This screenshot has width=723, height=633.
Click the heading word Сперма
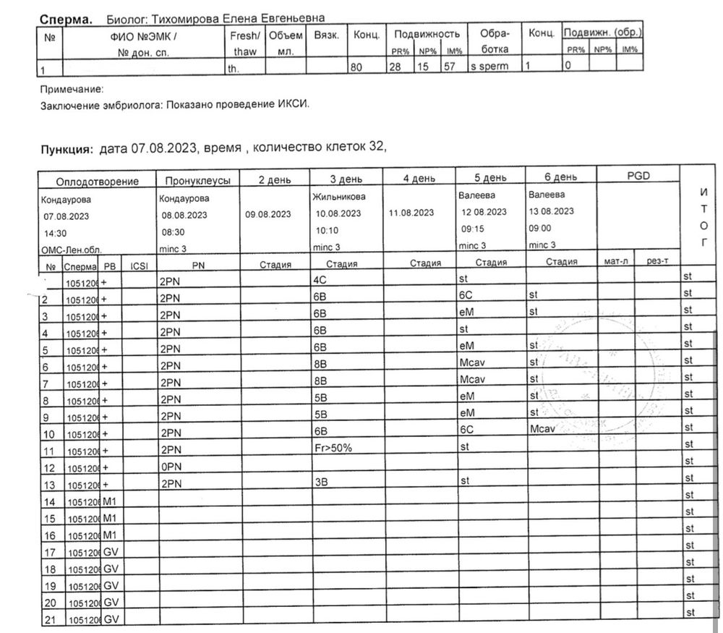(65, 19)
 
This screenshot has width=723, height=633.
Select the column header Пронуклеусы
(198, 181)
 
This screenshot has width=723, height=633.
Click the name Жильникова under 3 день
(338, 197)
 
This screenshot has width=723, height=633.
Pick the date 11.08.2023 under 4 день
(412, 213)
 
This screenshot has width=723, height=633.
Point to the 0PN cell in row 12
(170, 467)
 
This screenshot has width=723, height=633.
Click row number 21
(50, 619)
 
